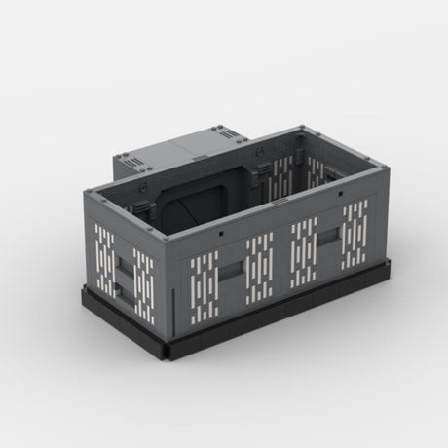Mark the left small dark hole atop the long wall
[223, 234]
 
